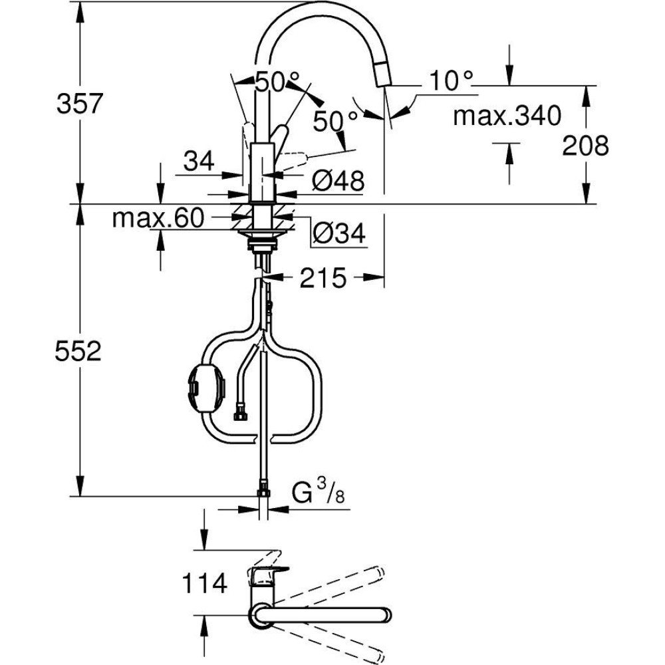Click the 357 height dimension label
point(80,104)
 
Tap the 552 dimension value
point(78,351)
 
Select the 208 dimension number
point(585,146)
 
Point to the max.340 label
point(507,116)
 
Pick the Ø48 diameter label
point(338,181)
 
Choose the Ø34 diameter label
point(339,233)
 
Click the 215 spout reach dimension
point(323,279)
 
